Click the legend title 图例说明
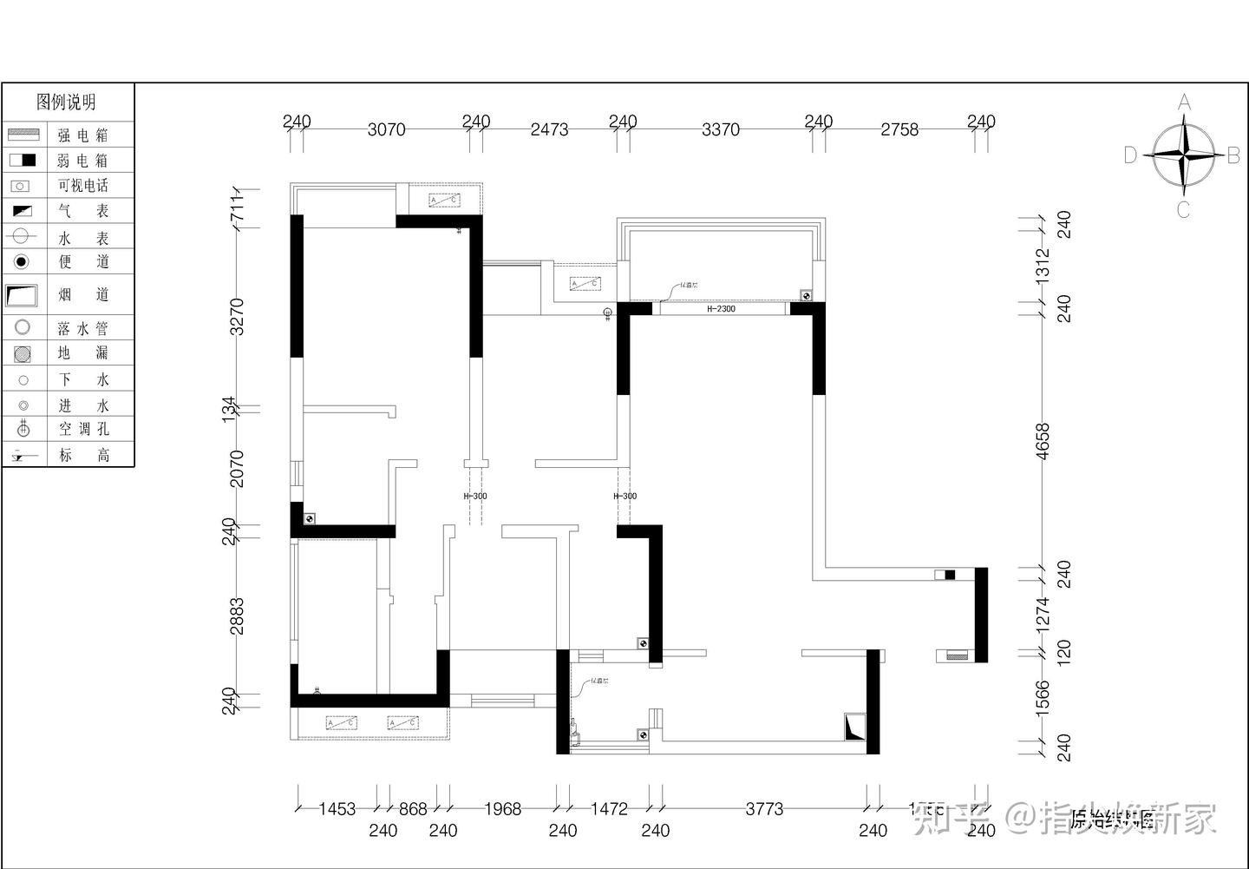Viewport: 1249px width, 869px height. click(x=66, y=102)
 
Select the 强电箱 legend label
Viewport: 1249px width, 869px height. click(x=83, y=135)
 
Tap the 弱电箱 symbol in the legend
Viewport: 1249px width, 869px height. click(x=23, y=161)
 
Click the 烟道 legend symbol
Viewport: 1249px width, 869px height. click(x=22, y=295)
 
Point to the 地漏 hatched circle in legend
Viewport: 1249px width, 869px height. click(x=23, y=353)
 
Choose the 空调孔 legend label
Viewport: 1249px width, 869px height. click(x=83, y=429)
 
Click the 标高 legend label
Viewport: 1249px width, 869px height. click(x=83, y=455)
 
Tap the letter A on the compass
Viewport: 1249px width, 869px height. click(x=1184, y=102)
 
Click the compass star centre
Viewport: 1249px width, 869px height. click(x=1183, y=155)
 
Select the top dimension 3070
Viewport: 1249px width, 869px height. click(x=386, y=129)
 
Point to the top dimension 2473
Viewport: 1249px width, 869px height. click(x=549, y=129)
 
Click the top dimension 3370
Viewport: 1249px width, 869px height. click(x=720, y=129)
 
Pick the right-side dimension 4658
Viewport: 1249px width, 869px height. click(x=1043, y=441)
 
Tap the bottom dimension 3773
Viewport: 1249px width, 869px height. click(x=764, y=809)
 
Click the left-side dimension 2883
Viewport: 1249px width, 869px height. click(x=237, y=615)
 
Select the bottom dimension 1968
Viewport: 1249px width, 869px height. click(x=502, y=809)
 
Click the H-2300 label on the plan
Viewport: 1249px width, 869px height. click(x=721, y=309)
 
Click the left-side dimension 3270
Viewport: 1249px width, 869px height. click(x=237, y=316)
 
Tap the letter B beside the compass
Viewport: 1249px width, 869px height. click(x=1233, y=155)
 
